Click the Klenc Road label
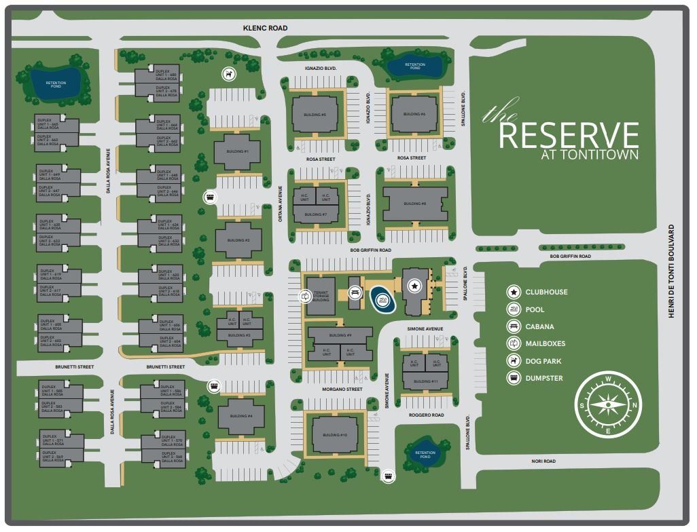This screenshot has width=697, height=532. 266,28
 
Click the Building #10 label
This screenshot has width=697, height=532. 334,435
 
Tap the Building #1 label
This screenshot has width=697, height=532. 237,151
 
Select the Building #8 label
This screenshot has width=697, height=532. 414,204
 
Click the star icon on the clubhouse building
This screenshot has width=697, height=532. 414,287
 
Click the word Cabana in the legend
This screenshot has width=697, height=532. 539,326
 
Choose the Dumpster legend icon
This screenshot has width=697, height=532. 513,378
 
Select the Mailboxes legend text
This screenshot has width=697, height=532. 545,343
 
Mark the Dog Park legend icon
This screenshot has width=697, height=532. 513,361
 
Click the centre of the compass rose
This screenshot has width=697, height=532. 609,406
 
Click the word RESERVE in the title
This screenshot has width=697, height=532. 569,135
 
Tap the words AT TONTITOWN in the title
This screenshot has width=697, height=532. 590,155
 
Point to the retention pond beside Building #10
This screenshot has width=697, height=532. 425,453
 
